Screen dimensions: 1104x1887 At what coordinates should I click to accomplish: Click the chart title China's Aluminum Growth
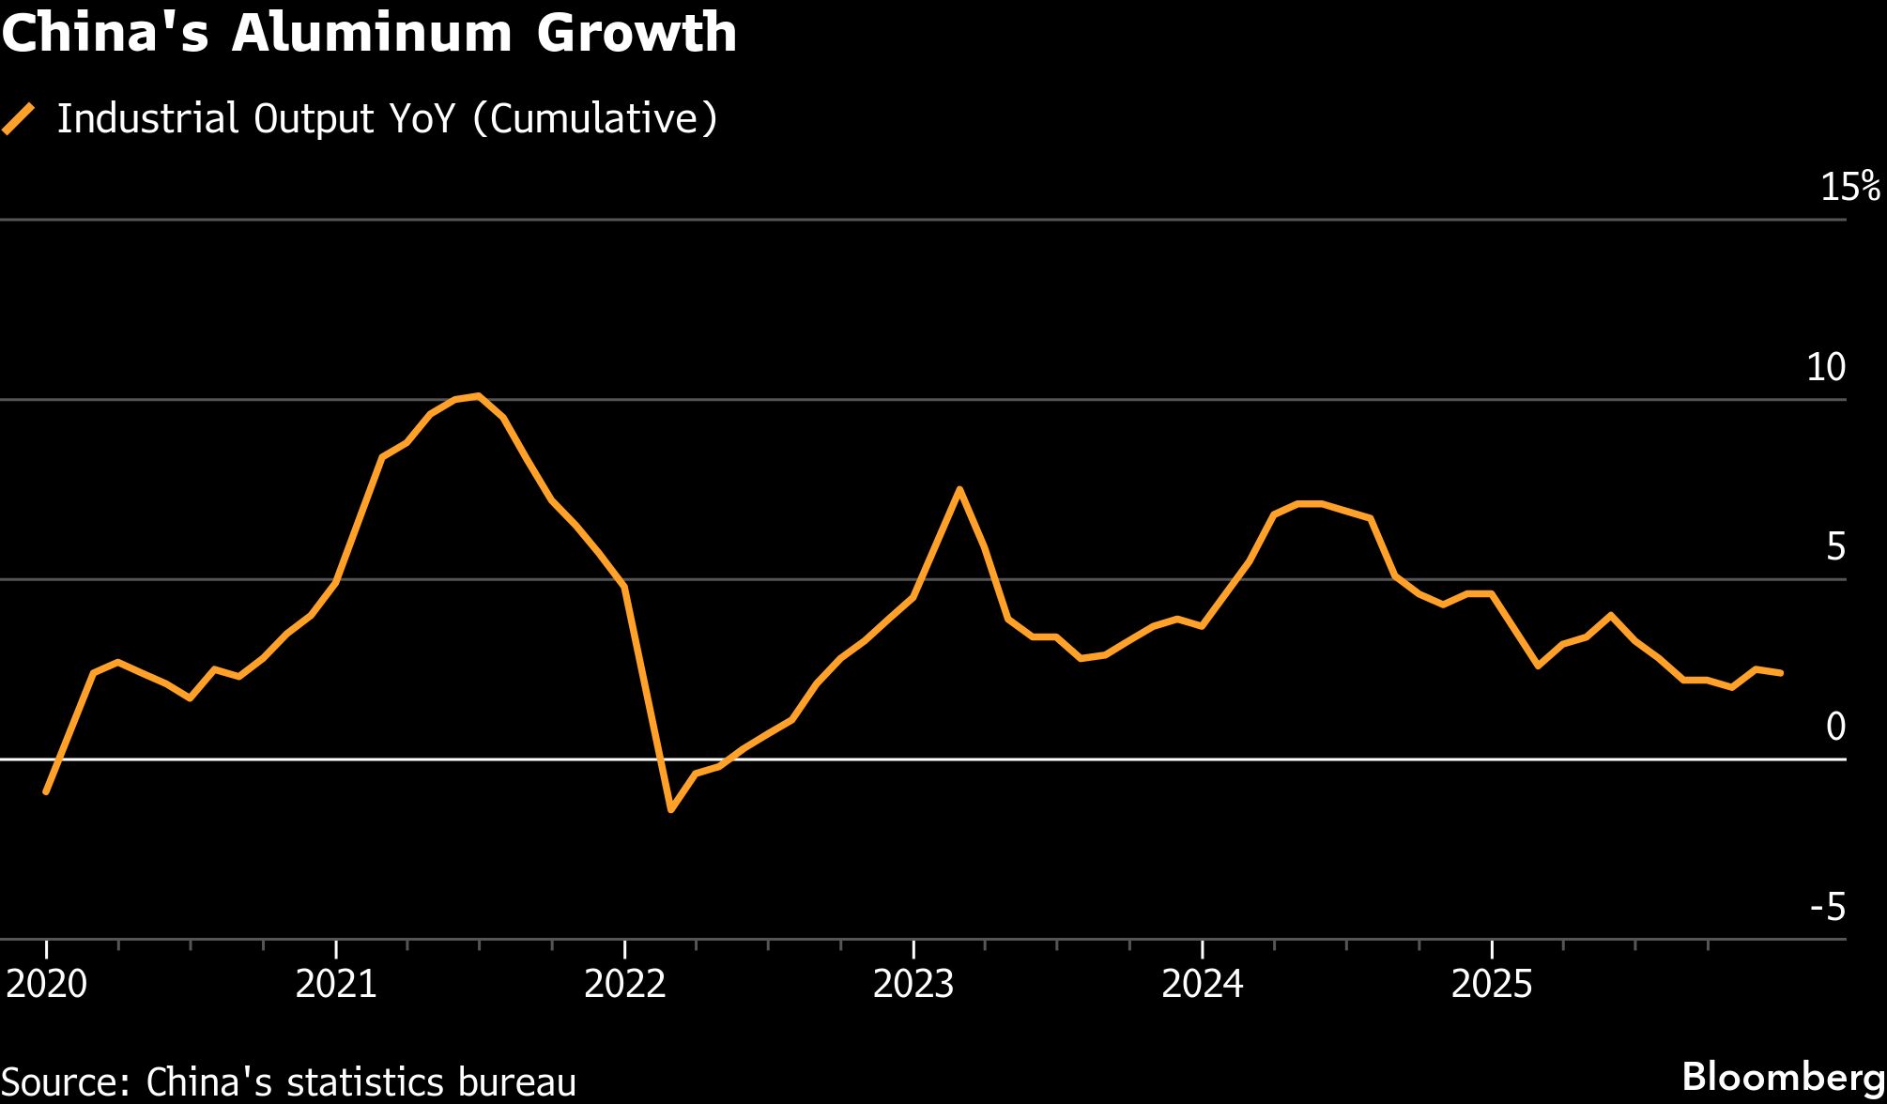point(369,34)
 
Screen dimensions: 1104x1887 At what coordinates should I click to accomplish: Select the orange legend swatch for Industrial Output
point(19,119)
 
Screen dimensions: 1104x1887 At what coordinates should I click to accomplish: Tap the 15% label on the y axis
point(1849,188)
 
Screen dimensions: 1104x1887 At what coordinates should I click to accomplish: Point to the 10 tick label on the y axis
point(1826,367)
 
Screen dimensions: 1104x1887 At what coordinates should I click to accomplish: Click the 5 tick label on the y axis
point(1835,546)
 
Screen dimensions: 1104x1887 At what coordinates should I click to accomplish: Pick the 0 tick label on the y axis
point(1835,727)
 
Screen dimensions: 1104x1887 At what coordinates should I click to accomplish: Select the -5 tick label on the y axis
point(1827,907)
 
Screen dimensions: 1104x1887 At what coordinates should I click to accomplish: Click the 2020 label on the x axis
point(47,984)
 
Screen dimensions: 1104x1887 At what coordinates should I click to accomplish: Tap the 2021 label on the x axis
point(336,984)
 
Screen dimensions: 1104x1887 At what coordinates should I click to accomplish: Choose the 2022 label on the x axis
point(625,984)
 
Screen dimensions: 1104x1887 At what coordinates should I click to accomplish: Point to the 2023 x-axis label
point(913,984)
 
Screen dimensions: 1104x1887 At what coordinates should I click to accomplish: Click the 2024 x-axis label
point(1203,984)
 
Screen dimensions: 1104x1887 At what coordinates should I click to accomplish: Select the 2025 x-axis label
point(1492,984)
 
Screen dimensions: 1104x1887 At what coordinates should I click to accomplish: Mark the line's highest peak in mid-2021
point(479,396)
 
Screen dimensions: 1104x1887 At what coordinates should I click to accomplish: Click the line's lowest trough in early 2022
point(670,809)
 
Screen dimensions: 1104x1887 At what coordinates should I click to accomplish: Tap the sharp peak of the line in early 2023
point(959,489)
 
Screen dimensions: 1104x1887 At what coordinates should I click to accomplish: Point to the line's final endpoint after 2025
point(1781,673)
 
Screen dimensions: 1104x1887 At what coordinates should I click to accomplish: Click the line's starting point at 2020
point(46,792)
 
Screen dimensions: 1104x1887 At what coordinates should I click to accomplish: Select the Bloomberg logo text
point(1783,1076)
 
